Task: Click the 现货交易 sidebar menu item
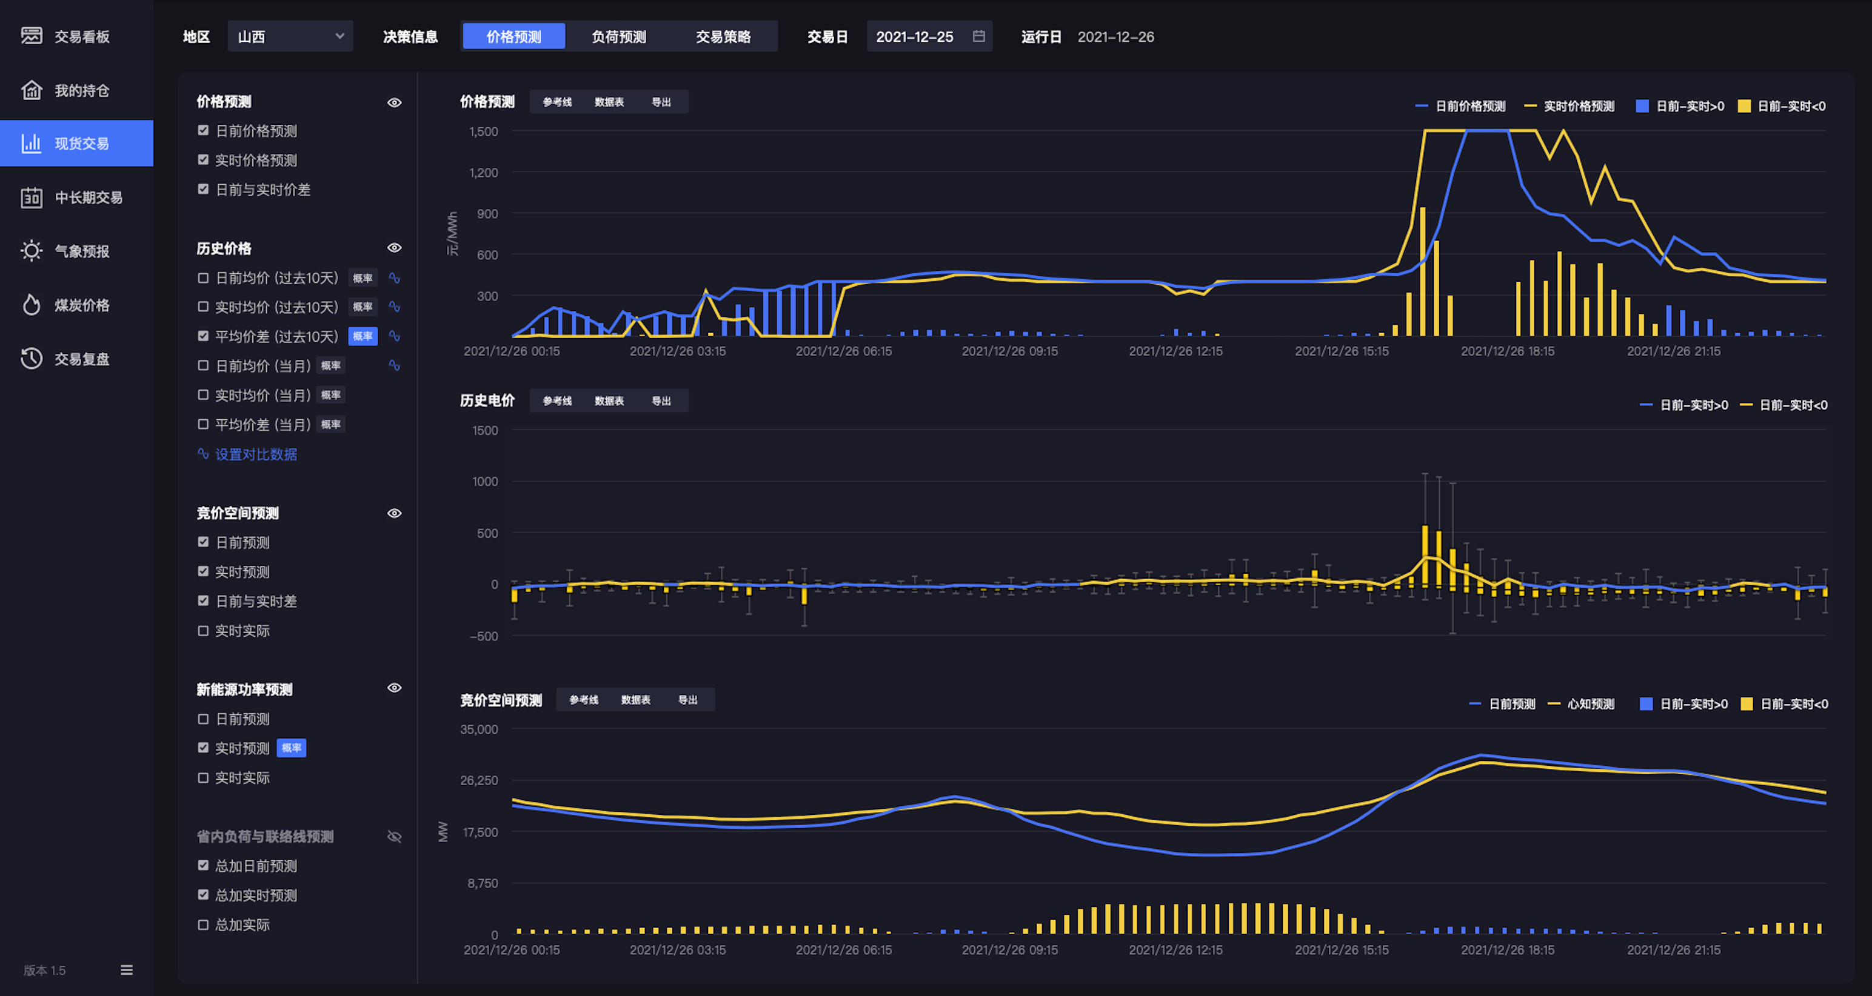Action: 76,143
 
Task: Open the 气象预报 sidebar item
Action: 65,251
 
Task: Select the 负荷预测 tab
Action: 618,36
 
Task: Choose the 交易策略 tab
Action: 723,36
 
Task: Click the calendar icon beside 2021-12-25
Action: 979,36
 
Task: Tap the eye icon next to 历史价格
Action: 395,248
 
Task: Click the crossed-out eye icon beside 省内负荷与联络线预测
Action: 395,837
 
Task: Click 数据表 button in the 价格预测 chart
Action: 609,102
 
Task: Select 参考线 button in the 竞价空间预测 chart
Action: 584,700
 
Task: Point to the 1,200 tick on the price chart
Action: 483,173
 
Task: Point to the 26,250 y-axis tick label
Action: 479,781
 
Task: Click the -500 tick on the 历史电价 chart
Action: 484,636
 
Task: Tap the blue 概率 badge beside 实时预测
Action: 292,748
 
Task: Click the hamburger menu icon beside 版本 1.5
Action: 127,971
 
